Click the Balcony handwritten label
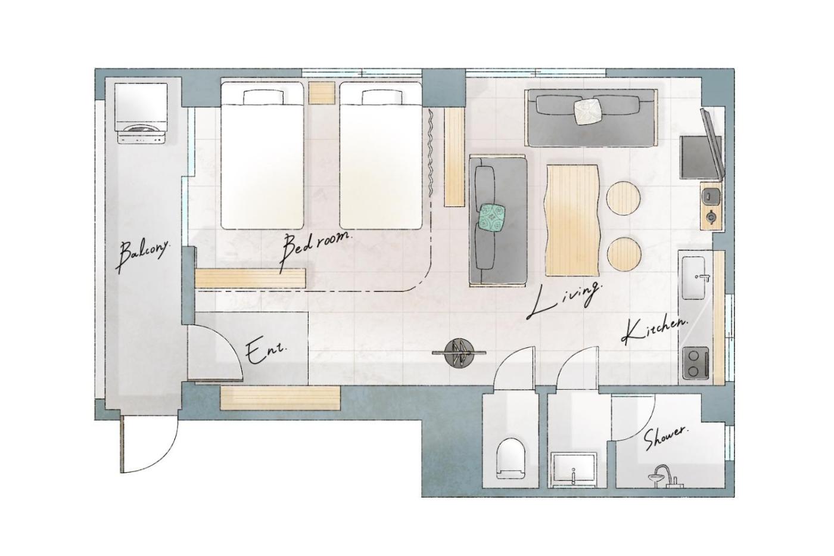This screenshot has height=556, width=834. [x=142, y=256]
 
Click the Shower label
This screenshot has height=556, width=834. [x=667, y=439]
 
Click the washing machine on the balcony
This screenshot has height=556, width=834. [x=141, y=113]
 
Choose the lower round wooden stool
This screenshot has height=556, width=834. [x=624, y=254]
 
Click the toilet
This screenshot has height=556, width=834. [x=511, y=458]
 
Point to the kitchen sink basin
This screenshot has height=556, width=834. [x=693, y=278]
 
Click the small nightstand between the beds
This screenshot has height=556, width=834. [x=322, y=93]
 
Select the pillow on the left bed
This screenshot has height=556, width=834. [x=263, y=98]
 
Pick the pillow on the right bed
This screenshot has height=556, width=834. [x=382, y=98]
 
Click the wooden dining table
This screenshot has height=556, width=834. [x=572, y=220]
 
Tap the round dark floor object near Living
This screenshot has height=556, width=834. [x=459, y=354]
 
